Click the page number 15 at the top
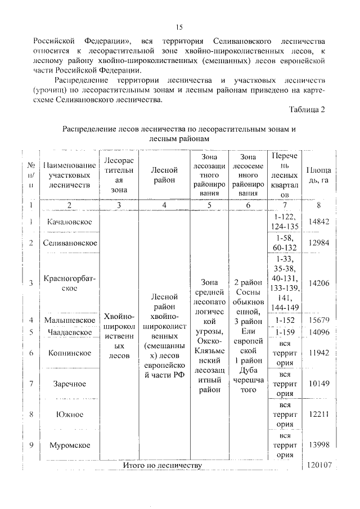[x=179, y=27]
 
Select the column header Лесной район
[x=164, y=175]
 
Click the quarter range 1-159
[x=285, y=332]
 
